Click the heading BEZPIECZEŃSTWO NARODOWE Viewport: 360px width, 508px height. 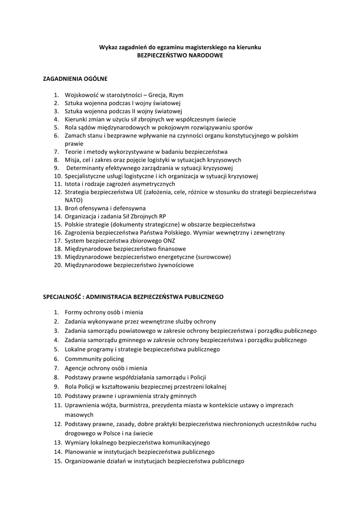pyautogui.click(x=180, y=56)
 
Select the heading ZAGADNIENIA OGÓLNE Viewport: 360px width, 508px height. pyautogui.click(x=75, y=78)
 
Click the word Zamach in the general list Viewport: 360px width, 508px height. pyautogui.click(x=75, y=135)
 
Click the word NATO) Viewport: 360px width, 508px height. pyautogui.click(x=74, y=200)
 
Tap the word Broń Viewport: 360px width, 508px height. pyautogui.click(x=72, y=208)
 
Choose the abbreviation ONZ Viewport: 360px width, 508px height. pyautogui.click(x=168, y=241)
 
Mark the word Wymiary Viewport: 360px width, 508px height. pyautogui.click(x=76, y=442)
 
